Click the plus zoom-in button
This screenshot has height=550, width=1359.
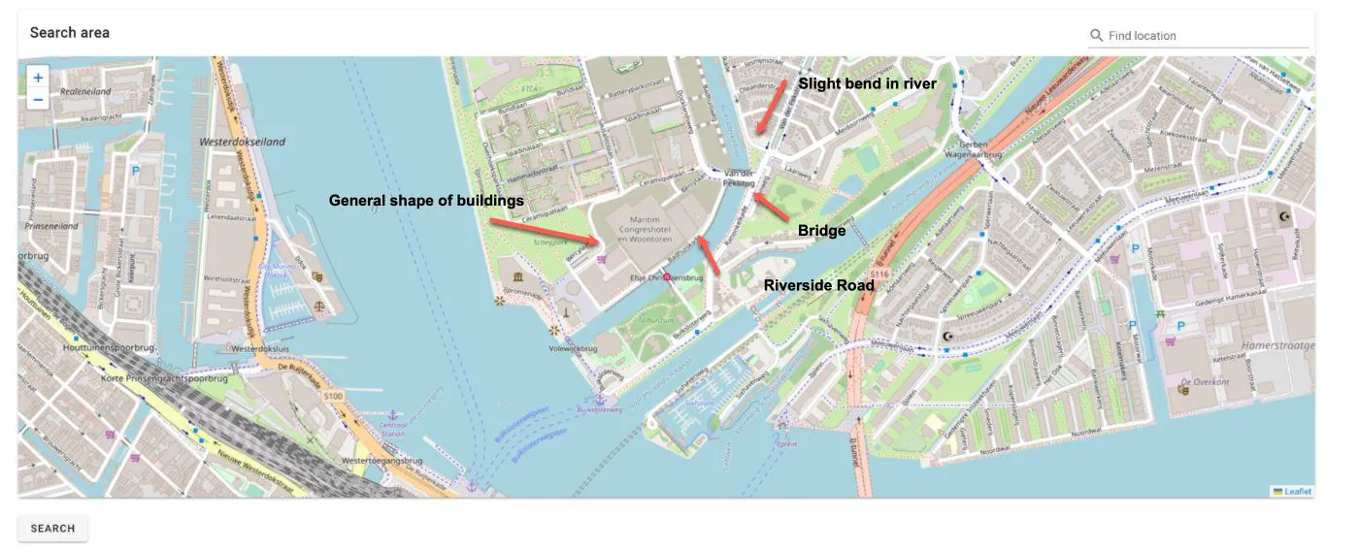(38, 78)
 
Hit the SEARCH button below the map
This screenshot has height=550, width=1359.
(52, 529)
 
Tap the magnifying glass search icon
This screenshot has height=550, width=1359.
(1096, 36)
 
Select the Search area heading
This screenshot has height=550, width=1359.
(70, 33)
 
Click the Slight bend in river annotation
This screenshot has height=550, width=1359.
(867, 84)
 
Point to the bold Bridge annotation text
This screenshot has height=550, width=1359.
(821, 231)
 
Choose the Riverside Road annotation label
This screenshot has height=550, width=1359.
(818, 285)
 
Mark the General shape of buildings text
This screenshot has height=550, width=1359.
(426, 201)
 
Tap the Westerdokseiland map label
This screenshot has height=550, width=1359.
(242, 142)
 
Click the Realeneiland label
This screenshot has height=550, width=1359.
(85, 92)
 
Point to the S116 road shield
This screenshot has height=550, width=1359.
(879, 275)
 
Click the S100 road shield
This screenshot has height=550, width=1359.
(333, 396)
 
